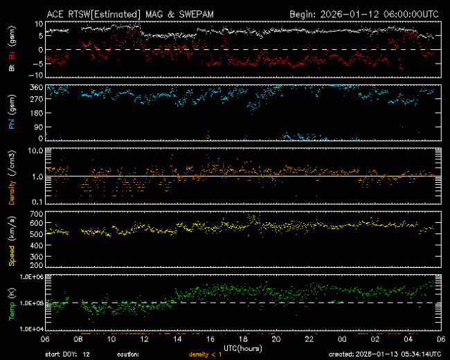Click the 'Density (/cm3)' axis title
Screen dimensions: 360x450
click(x=12, y=176)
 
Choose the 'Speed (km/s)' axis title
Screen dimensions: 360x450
click(x=12, y=240)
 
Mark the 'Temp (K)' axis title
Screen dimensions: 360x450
click(x=12, y=302)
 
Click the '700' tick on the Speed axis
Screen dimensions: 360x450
click(x=35, y=214)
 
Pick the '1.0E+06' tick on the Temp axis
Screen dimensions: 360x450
click(x=28, y=277)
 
